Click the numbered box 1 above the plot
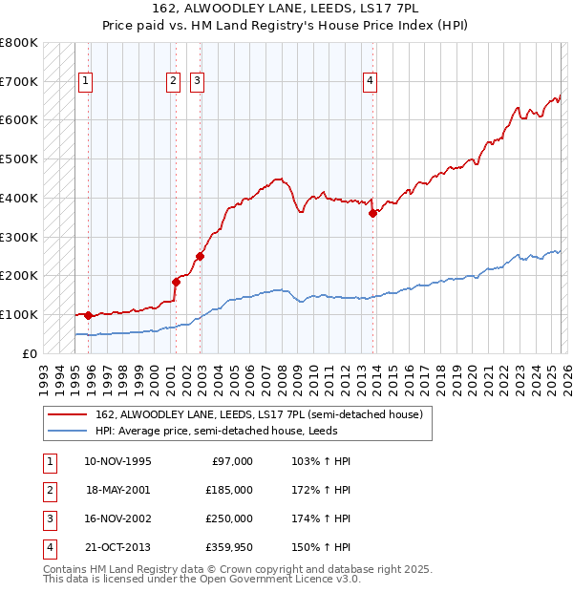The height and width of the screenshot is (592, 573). [86, 82]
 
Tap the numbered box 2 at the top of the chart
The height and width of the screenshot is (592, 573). [173, 82]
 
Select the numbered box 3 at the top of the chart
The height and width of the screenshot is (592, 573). [197, 82]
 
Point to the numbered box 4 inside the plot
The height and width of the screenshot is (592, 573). [369, 82]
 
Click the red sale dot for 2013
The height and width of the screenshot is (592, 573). [373, 213]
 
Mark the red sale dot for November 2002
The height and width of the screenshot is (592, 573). [201, 256]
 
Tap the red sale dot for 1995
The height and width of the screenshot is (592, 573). [89, 315]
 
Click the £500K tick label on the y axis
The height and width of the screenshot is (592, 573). [19, 159]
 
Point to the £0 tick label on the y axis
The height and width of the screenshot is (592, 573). [29, 353]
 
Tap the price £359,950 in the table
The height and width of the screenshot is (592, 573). [229, 547]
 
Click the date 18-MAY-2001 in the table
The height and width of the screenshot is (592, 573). [118, 489]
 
